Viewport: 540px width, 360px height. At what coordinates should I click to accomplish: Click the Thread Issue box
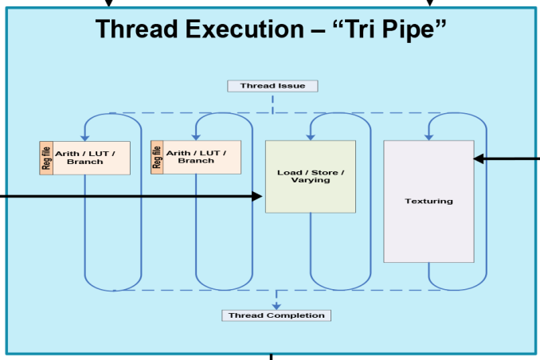pos(272,86)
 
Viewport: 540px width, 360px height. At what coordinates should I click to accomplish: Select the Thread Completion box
pos(276,315)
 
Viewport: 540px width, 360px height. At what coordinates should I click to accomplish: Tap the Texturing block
pos(428,202)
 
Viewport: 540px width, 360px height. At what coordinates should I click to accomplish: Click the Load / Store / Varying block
pos(311,176)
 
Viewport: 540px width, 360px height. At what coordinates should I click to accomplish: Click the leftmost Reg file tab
pos(46,158)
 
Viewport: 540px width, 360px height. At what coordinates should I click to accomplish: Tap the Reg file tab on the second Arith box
pos(157,157)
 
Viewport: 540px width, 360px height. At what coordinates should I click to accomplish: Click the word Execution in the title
pos(245,29)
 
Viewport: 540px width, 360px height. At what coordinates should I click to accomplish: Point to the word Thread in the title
pos(138,29)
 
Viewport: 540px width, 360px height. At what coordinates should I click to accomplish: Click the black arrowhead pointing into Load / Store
pos(257,197)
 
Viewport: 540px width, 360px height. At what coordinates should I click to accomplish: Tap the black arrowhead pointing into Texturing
pos(479,158)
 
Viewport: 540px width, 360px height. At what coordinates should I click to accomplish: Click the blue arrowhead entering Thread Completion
pos(276,307)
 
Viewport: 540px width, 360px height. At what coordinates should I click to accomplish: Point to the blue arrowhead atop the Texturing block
pos(428,137)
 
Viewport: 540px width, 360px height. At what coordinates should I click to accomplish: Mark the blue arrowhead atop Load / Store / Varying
pos(311,137)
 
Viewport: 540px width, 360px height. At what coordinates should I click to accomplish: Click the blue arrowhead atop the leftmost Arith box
pos(84,138)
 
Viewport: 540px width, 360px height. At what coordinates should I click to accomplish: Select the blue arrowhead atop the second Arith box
pos(196,137)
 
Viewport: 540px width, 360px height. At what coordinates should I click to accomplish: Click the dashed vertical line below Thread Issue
pos(272,104)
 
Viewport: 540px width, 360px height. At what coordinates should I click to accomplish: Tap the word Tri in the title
pos(361,29)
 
